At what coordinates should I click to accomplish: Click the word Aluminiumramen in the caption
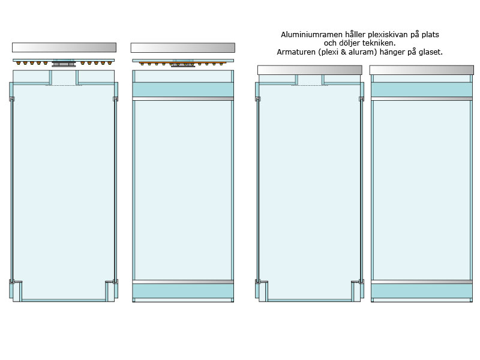(311, 35)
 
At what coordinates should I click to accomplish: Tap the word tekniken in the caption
(379, 43)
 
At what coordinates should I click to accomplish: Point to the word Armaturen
(296, 52)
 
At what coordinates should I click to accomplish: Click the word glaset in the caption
(431, 52)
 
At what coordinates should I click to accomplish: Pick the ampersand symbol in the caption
(343, 52)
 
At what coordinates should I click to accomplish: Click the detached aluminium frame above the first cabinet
(64, 47)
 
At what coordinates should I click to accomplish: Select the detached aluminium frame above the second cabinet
(183, 47)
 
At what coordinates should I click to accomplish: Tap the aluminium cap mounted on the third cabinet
(310, 70)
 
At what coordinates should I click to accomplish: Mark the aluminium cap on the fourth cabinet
(422, 70)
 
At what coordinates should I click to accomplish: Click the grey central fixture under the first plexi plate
(64, 64)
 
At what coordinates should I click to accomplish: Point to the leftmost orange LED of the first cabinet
(19, 64)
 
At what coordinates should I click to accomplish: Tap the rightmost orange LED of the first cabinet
(110, 64)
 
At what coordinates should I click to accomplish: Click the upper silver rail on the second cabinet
(183, 98)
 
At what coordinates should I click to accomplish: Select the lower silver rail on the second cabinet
(183, 281)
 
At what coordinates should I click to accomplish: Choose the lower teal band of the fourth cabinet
(422, 291)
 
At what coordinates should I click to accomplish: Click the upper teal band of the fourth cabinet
(422, 89)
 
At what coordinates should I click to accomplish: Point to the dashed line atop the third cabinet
(310, 85)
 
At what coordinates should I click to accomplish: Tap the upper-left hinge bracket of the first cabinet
(12, 99)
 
